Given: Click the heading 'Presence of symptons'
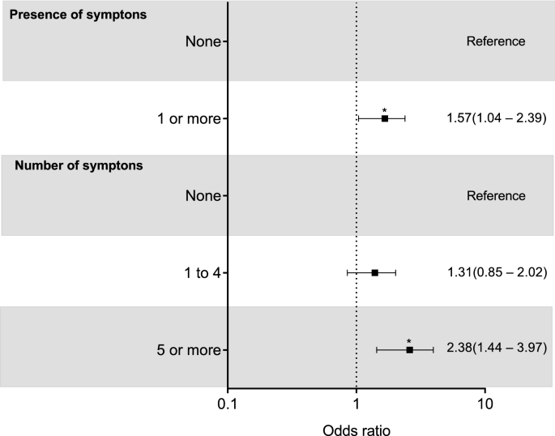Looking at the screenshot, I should click(x=77, y=15).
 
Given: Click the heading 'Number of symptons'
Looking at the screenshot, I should click(x=79, y=166).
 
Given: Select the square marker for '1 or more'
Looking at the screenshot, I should click(x=385, y=118).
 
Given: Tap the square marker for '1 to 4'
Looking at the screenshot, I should click(x=374, y=272).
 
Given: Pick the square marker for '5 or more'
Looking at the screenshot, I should click(x=409, y=349).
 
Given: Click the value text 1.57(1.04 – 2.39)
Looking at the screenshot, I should click(x=497, y=118).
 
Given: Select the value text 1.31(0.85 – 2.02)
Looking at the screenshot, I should click(x=497, y=272).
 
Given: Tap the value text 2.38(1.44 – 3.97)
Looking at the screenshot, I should click(x=497, y=348).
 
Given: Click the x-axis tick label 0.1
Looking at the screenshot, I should click(x=228, y=403).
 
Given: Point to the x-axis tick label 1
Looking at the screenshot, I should click(x=356, y=403).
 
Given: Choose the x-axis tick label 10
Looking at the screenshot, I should click(x=485, y=403).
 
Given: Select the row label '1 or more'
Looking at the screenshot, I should click(x=189, y=119).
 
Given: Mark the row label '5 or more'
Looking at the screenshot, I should click(x=189, y=349).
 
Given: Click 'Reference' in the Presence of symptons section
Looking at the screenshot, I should click(x=496, y=41).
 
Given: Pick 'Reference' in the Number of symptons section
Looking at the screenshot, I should click(x=496, y=196).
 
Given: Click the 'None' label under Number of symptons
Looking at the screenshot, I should click(x=203, y=196).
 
